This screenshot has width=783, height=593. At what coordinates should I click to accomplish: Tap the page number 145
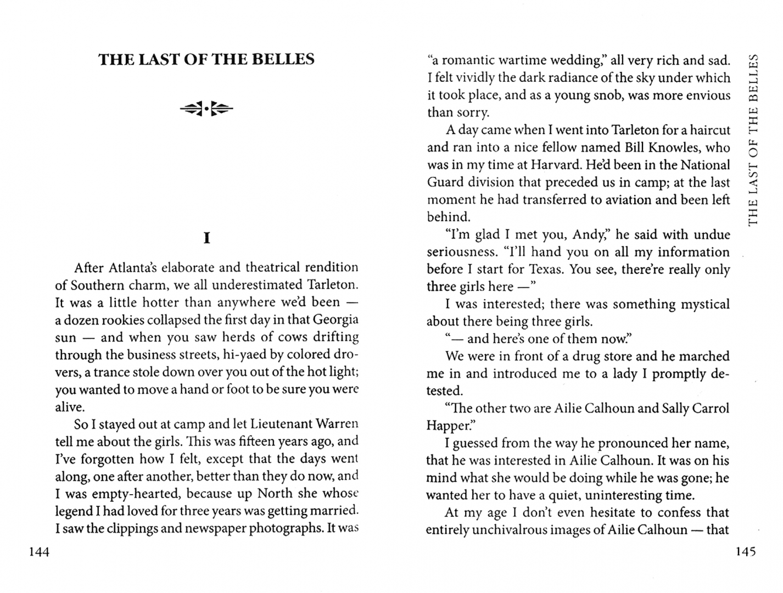click(x=745, y=552)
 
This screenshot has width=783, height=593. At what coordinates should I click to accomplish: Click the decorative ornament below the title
click(x=206, y=109)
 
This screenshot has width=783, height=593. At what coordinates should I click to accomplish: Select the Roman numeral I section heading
click(x=206, y=238)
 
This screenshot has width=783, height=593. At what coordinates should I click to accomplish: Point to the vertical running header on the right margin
click(x=753, y=139)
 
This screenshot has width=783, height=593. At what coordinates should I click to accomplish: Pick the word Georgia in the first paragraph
click(x=335, y=319)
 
